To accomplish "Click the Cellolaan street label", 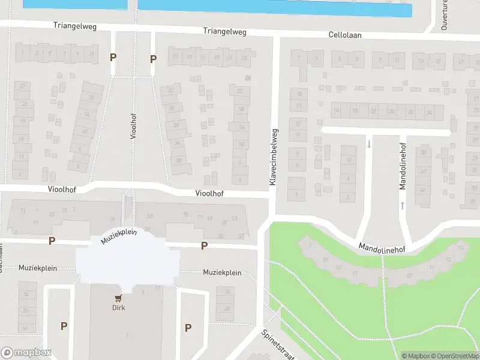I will pyautogui.click(x=346, y=35).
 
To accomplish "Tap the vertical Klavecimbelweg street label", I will pyautogui.click(x=273, y=157).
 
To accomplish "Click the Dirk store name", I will pyautogui.click(x=118, y=308).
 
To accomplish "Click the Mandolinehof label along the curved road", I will pyautogui.click(x=382, y=248).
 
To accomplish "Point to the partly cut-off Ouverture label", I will pyautogui.click(x=445, y=15).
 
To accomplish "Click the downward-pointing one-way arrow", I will pyautogui.click(x=369, y=144).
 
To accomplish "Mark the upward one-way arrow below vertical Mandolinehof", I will pyautogui.click(x=403, y=205).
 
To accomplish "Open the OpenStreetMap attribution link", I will pyautogui.click(x=454, y=356).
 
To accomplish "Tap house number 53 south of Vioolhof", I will pyautogui.click(x=150, y=215).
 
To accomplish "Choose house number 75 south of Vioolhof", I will pyautogui.click(x=185, y=215).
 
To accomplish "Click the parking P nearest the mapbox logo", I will pyautogui.click(x=64, y=326).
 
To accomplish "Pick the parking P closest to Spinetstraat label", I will pyautogui.click(x=188, y=328).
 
